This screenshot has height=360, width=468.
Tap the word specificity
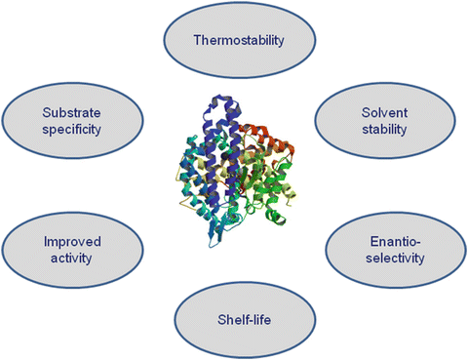point(65,127)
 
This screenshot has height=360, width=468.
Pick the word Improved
point(63,241)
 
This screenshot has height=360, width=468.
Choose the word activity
point(63,259)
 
